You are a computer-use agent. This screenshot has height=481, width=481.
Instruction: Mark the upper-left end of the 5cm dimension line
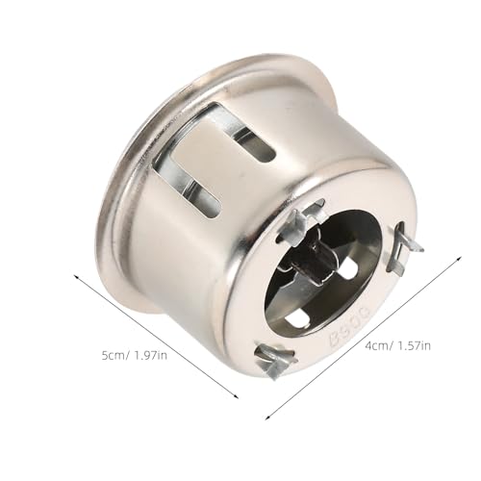75,272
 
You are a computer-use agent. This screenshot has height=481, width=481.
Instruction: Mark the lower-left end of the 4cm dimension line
266,418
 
